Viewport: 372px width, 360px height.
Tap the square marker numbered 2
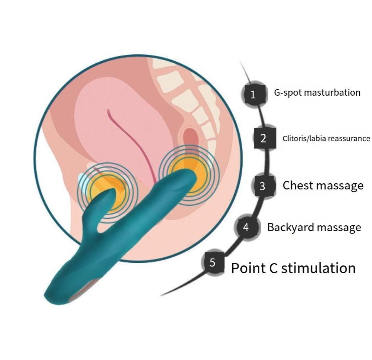point(264,138)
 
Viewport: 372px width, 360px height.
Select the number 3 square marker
point(263,186)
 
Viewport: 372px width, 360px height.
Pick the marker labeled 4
point(246,227)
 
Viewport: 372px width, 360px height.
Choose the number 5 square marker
point(213,263)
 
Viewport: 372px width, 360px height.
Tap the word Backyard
point(292,227)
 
